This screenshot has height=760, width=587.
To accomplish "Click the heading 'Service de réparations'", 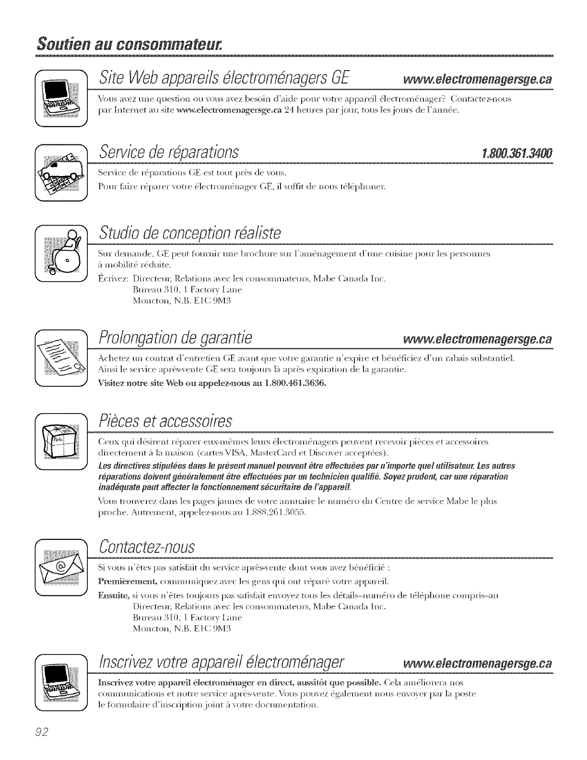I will coord(168,154).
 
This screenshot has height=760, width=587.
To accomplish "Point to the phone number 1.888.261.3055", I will coord(274,513).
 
